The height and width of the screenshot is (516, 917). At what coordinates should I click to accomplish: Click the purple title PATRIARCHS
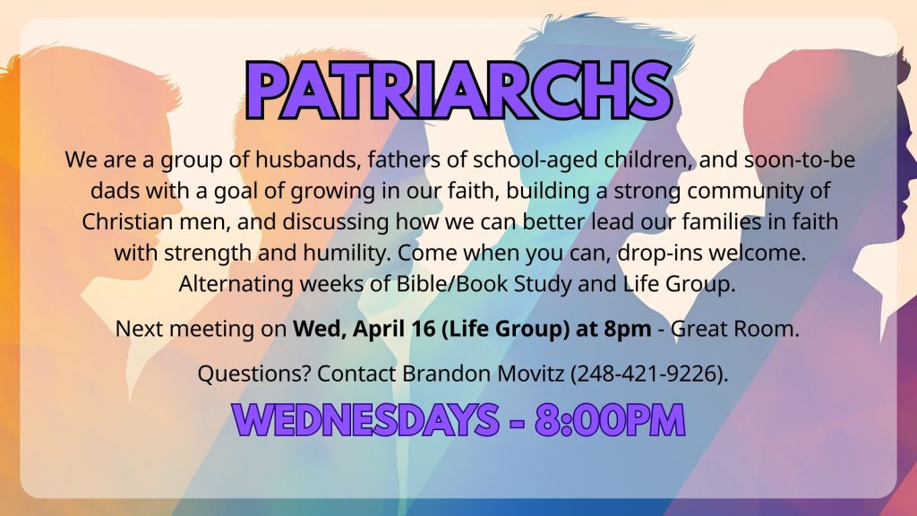tap(459, 90)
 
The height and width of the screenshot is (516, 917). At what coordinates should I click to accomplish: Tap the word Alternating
tap(236, 285)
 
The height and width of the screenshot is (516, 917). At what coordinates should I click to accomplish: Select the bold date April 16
tap(394, 330)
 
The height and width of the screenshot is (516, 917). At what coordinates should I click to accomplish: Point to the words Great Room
tap(734, 329)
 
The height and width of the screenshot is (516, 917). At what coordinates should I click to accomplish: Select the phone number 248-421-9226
tap(648, 374)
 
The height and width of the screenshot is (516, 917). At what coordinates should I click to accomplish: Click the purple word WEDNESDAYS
tap(365, 420)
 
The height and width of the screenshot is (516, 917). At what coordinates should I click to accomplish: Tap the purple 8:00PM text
tap(610, 420)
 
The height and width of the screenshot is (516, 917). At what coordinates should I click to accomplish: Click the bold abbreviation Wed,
tap(320, 330)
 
